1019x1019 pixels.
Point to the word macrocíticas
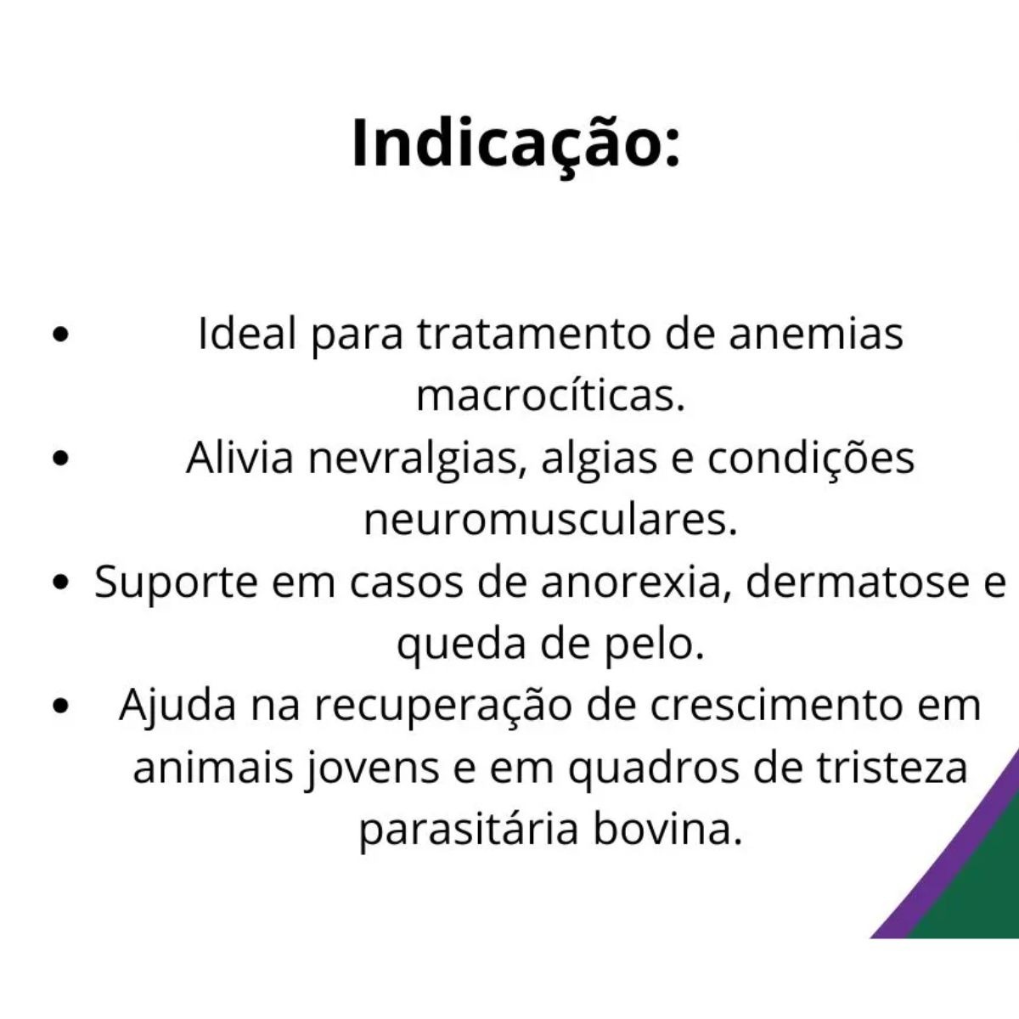click(549, 396)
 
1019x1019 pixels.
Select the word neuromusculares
click(549, 521)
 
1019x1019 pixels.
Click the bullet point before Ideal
click(59, 335)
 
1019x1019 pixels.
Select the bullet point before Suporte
click(59, 584)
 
